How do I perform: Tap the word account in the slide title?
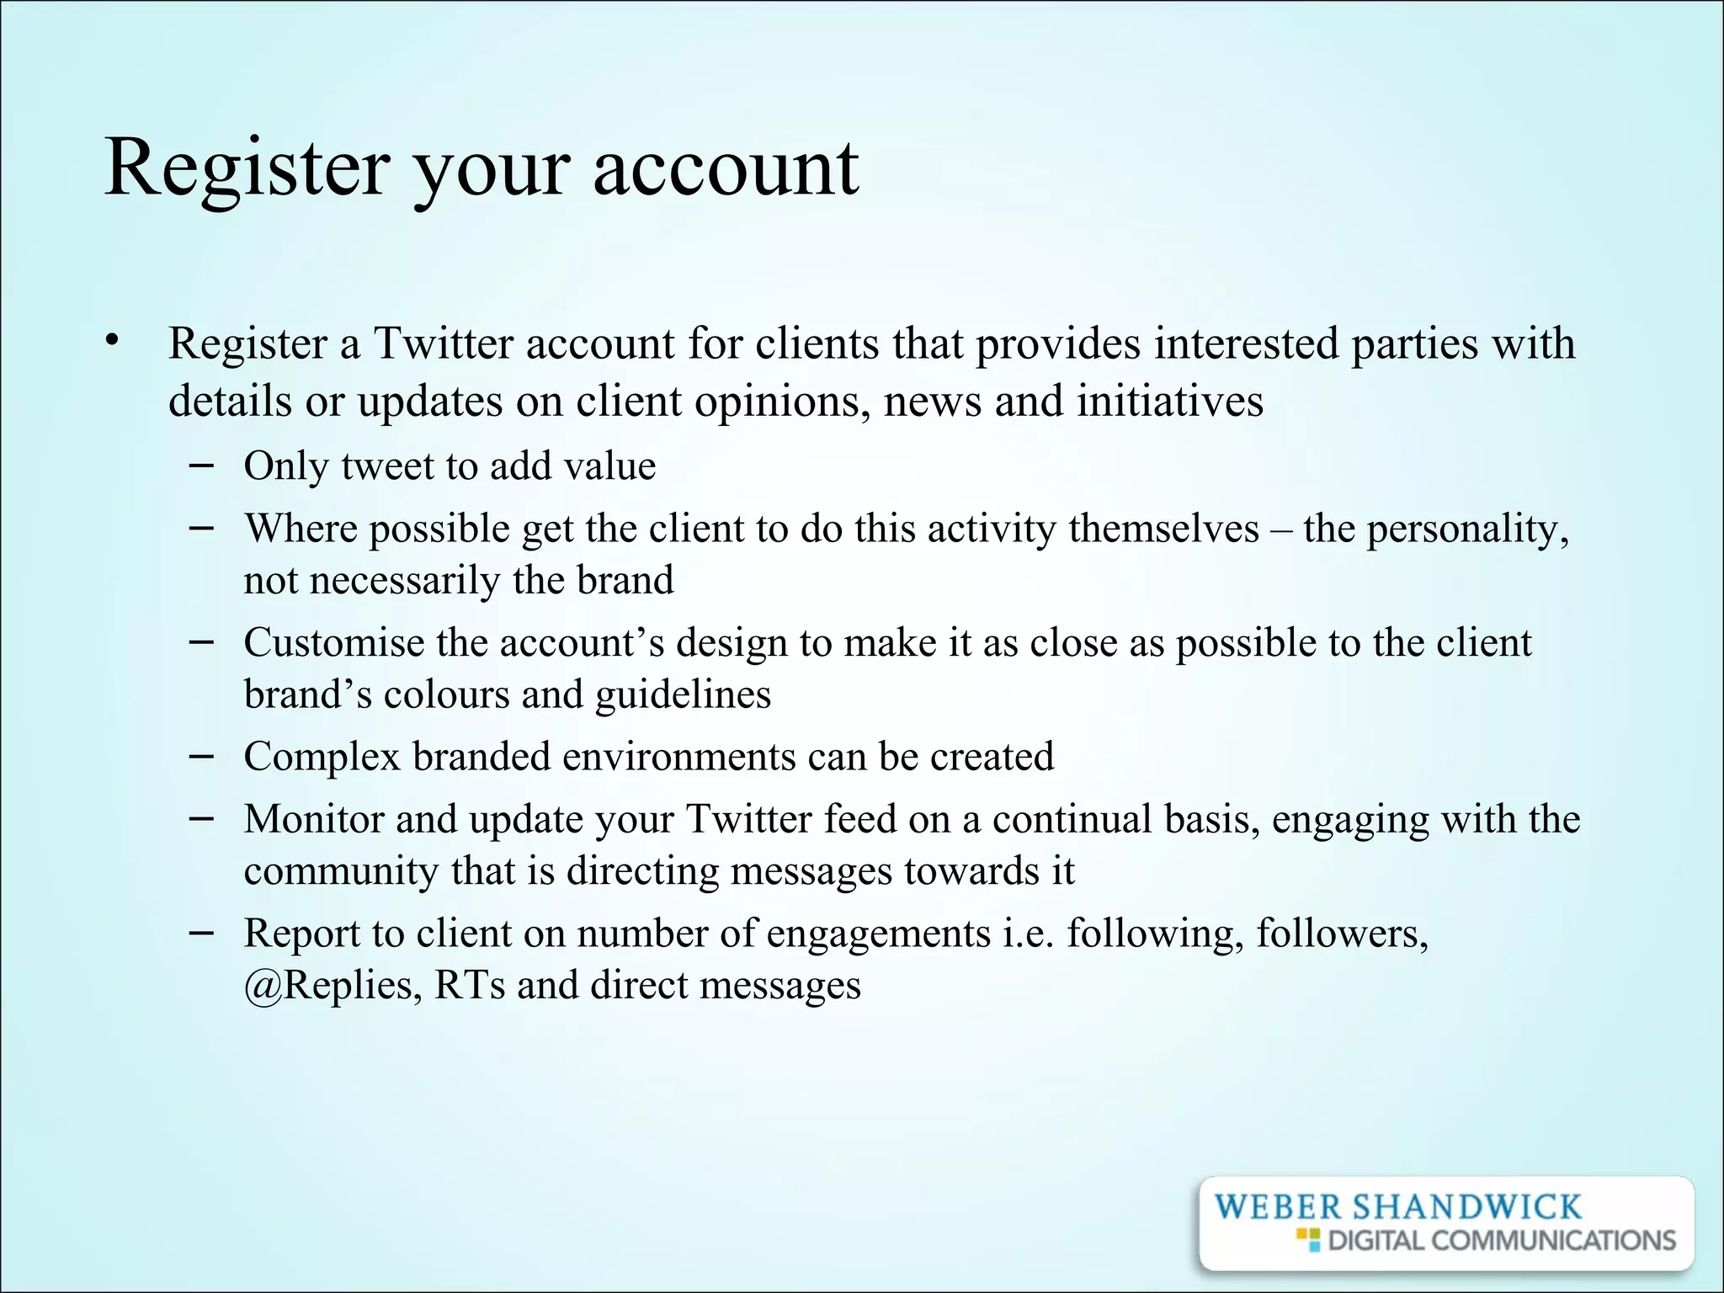(x=726, y=168)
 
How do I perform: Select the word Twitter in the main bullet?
(x=442, y=343)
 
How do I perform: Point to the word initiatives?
(x=1170, y=401)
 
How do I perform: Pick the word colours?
(x=446, y=694)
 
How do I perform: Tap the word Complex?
(x=322, y=757)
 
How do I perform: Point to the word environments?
(x=678, y=757)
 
